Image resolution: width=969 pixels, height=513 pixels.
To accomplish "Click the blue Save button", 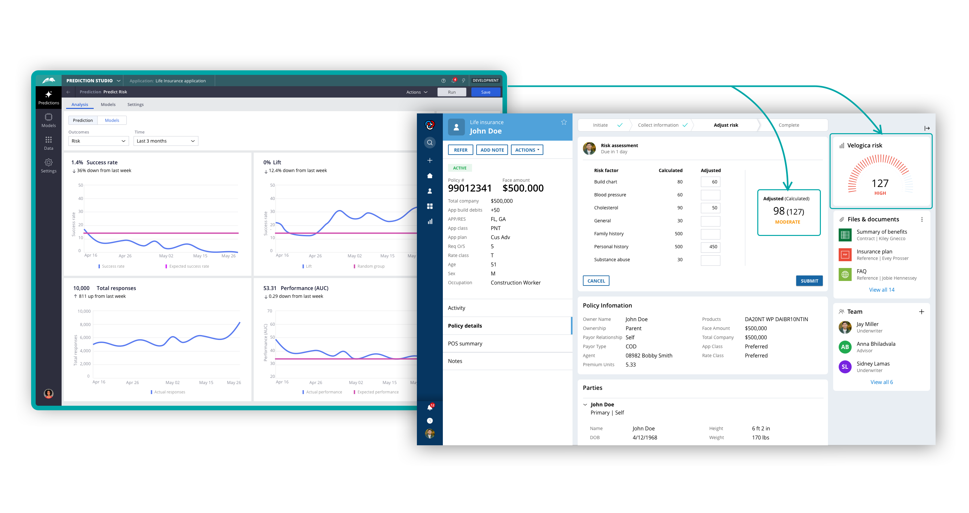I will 485,92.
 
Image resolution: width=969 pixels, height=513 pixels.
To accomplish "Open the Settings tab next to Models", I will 136,105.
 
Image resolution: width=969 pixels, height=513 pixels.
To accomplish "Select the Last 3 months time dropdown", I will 166,141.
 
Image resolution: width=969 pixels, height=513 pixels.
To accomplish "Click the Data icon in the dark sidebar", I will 49,143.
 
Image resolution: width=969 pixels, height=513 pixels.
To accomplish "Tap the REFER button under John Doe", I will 460,150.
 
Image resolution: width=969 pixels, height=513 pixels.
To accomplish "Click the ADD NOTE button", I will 492,150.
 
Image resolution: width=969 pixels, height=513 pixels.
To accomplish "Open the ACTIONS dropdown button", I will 526,150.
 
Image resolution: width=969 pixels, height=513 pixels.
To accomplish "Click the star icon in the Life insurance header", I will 564,122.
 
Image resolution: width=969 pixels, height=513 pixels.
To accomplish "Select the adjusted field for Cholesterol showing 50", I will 710,208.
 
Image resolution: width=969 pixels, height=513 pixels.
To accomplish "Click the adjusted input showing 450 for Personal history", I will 710,247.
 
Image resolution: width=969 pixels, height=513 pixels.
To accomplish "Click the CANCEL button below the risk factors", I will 596,281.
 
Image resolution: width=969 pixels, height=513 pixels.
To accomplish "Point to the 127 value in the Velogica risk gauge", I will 880,183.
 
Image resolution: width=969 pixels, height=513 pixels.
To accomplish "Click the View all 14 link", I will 881,290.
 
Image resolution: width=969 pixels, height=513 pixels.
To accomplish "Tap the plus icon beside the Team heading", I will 921,312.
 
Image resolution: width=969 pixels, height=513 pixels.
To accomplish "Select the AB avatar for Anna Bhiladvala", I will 845,347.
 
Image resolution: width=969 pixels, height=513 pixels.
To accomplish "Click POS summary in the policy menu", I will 465,344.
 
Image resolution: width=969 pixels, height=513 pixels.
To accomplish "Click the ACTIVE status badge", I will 460,168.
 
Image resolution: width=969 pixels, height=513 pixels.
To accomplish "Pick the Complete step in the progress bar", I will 789,125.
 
